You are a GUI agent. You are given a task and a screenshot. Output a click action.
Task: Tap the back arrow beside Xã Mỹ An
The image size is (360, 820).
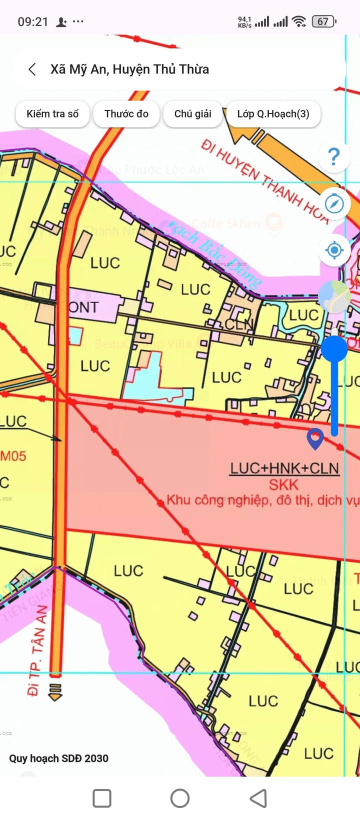click(x=32, y=69)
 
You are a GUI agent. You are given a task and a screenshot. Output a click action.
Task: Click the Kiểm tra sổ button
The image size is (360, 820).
click(x=52, y=114)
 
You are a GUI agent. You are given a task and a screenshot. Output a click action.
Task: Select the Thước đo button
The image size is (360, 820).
click(x=126, y=114)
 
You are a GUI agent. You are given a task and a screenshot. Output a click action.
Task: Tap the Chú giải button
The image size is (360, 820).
click(x=192, y=114)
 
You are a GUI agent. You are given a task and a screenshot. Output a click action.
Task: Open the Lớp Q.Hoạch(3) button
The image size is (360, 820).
click(x=273, y=114)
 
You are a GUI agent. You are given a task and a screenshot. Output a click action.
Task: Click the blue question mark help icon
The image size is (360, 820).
click(x=334, y=157)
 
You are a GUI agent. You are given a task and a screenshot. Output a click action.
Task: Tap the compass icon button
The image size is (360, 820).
click(x=334, y=203)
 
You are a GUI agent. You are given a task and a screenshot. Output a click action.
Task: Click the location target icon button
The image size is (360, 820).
click(x=334, y=249)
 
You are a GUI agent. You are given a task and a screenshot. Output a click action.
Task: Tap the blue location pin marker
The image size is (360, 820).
click(x=315, y=438)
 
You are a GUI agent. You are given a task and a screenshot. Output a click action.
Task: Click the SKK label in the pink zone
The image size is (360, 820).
click(x=283, y=484)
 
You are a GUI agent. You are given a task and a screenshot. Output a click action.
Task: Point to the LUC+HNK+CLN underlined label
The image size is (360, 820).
click(x=284, y=468)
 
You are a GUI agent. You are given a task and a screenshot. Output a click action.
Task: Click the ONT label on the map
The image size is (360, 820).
click(x=83, y=307)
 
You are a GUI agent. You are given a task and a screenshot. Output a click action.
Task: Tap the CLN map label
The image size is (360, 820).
click(x=239, y=325)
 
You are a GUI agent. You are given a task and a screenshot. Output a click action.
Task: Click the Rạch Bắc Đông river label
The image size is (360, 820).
click(x=215, y=255)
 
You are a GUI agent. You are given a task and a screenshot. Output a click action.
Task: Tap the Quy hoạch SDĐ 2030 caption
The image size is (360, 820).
click(x=58, y=758)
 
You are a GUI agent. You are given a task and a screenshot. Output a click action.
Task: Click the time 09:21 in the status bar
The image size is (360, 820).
click(x=33, y=22)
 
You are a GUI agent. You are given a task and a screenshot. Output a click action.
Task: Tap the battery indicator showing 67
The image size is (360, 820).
click(x=323, y=21)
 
